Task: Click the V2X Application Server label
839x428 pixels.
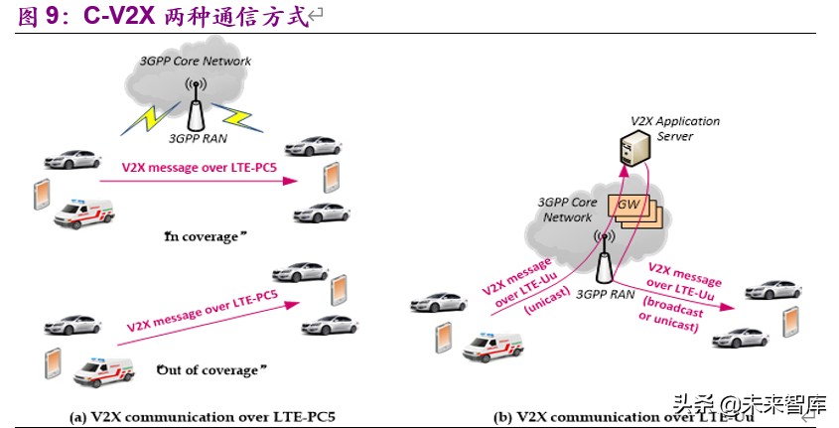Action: point(675,128)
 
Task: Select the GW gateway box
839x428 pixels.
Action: point(629,206)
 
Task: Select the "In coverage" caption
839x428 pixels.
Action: point(202,236)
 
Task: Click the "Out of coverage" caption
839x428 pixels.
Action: point(212,369)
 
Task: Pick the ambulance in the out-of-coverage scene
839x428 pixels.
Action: point(103,372)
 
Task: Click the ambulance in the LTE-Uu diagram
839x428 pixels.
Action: point(492,345)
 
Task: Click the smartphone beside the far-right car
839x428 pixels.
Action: point(790,321)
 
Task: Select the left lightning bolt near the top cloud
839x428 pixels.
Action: point(147,117)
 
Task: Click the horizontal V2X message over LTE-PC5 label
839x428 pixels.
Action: point(199,169)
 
